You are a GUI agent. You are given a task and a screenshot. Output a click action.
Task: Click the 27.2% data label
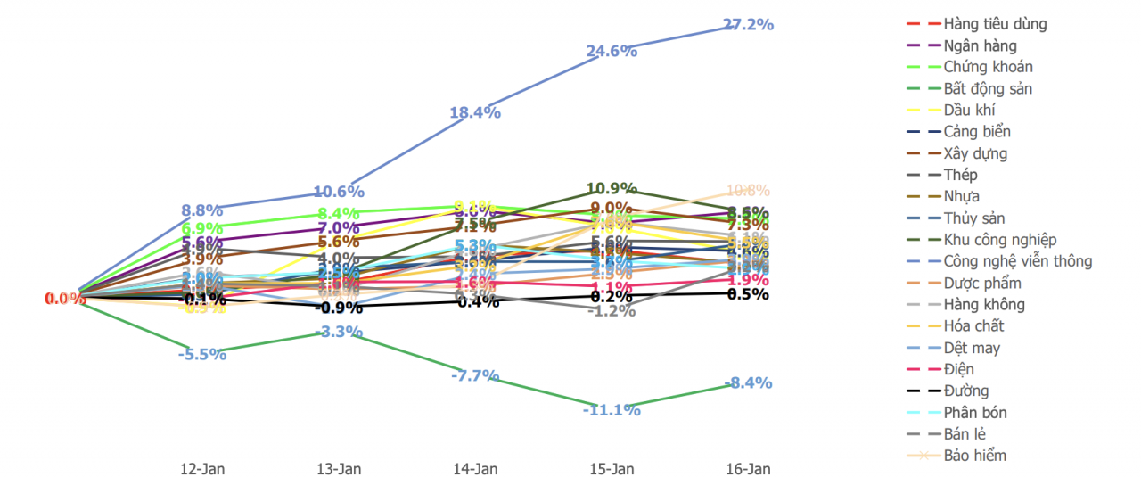[x=748, y=24]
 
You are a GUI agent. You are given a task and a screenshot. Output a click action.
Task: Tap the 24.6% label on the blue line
[x=612, y=51]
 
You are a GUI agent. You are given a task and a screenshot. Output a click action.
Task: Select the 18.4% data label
[x=475, y=112]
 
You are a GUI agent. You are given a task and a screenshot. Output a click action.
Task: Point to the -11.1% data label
[x=612, y=410]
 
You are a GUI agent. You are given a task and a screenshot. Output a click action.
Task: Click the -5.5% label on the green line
[x=201, y=353]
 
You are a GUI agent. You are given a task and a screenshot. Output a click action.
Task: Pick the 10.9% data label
[x=612, y=188]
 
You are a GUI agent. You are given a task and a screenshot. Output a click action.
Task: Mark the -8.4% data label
[x=748, y=383]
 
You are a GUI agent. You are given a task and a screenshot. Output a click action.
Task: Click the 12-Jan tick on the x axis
[x=201, y=468]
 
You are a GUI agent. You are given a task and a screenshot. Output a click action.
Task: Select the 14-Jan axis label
[x=475, y=468]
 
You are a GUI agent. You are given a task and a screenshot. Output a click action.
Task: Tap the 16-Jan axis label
[x=748, y=468]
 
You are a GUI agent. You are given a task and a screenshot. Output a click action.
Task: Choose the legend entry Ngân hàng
[x=980, y=45]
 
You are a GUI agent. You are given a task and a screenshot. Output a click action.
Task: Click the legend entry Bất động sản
[x=988, y=88]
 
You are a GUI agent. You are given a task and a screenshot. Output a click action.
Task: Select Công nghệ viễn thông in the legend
[x=1017, y=261]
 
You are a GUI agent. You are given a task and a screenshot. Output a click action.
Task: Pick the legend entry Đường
[x=965, y=391]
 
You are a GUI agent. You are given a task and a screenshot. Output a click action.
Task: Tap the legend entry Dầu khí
[x=969, y=110]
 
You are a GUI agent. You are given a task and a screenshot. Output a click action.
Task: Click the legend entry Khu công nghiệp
[x=999, y=240]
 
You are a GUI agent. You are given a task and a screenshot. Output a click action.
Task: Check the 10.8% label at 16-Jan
[x=748, y=190]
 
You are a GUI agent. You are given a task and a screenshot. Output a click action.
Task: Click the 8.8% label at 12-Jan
[x=201, y=210]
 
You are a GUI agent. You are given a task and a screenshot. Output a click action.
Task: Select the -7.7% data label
[x=475, y=375]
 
